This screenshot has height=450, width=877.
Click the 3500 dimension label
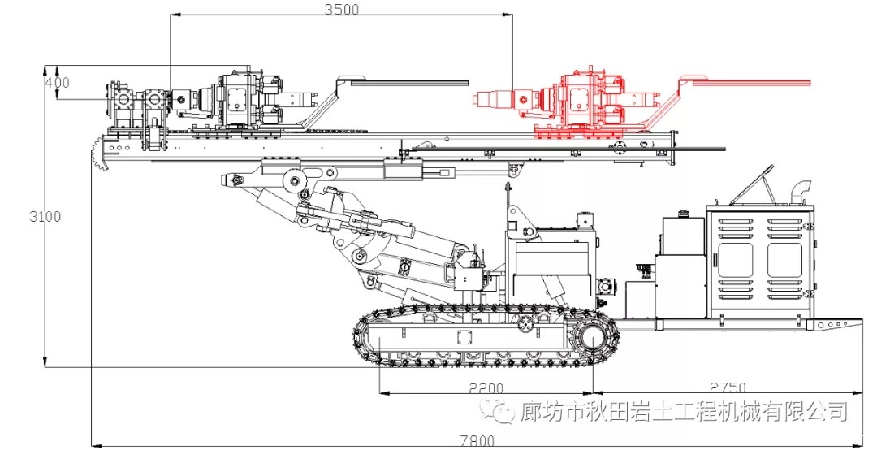click(x=341, y=9)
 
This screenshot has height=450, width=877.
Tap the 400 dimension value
click(x=57, y=82)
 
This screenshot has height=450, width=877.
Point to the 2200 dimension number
click(x=486, y=387)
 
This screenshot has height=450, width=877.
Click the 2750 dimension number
click(x=727, y=387)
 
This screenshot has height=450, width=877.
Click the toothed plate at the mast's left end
click(x=101, y=158)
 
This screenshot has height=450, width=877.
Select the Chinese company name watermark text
click(x=683, y=412)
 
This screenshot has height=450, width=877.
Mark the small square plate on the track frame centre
click(x=464, y=337)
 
